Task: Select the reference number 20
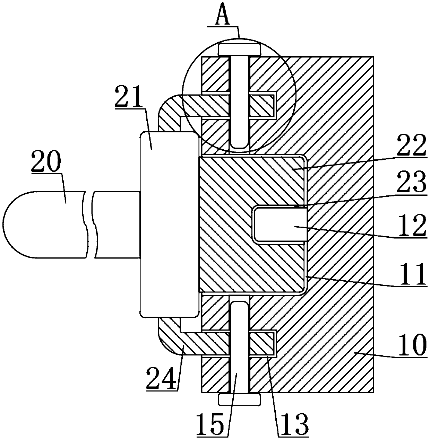(x=46, y=162)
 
